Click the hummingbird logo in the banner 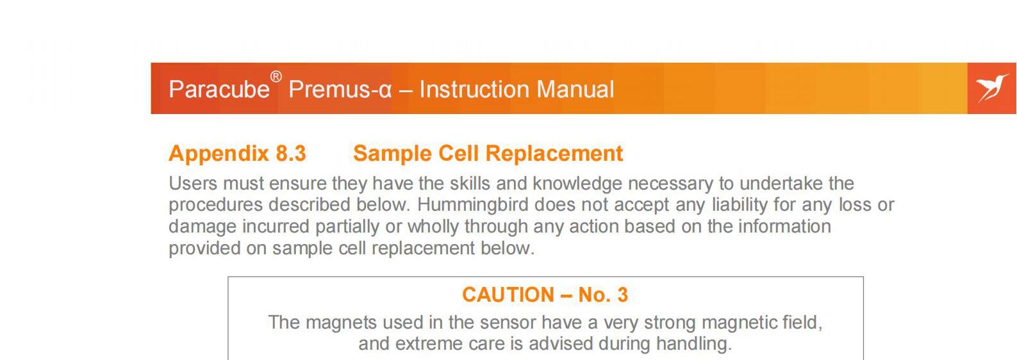click(992, 88)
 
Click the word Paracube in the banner click(219, 89)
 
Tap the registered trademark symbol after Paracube click(276, 77)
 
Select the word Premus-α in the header click(340, 89)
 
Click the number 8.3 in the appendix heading click(291, 154)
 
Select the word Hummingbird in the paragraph click(473, 205)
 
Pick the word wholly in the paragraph click(433, 227)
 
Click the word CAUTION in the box click(508, 295)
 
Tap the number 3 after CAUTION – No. click(623, 295)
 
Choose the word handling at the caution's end click(694, 344)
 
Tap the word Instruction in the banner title click(475, 89)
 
